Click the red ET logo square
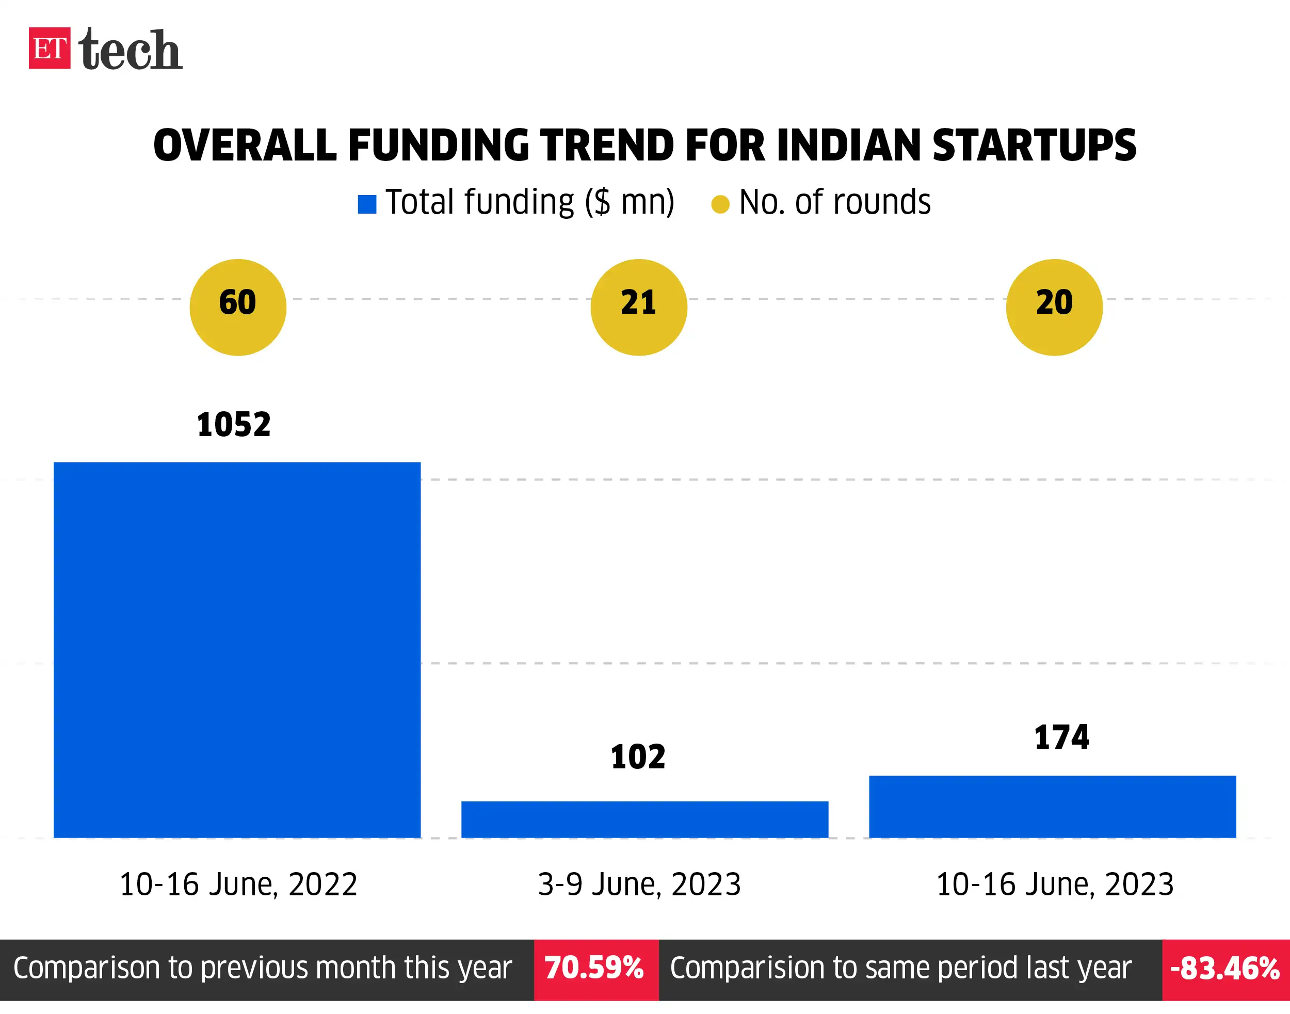49,48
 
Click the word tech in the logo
130,50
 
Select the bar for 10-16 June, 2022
237,650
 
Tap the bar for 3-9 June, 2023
644,819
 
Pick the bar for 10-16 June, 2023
1052,806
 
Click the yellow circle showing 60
237,308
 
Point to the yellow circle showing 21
639,308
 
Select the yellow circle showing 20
1054,308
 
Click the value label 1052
233,425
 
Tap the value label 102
638,758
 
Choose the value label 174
1061,737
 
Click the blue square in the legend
367,204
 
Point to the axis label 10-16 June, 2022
238,884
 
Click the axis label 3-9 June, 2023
639,884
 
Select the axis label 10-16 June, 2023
1054,884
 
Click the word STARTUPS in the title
1034,146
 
